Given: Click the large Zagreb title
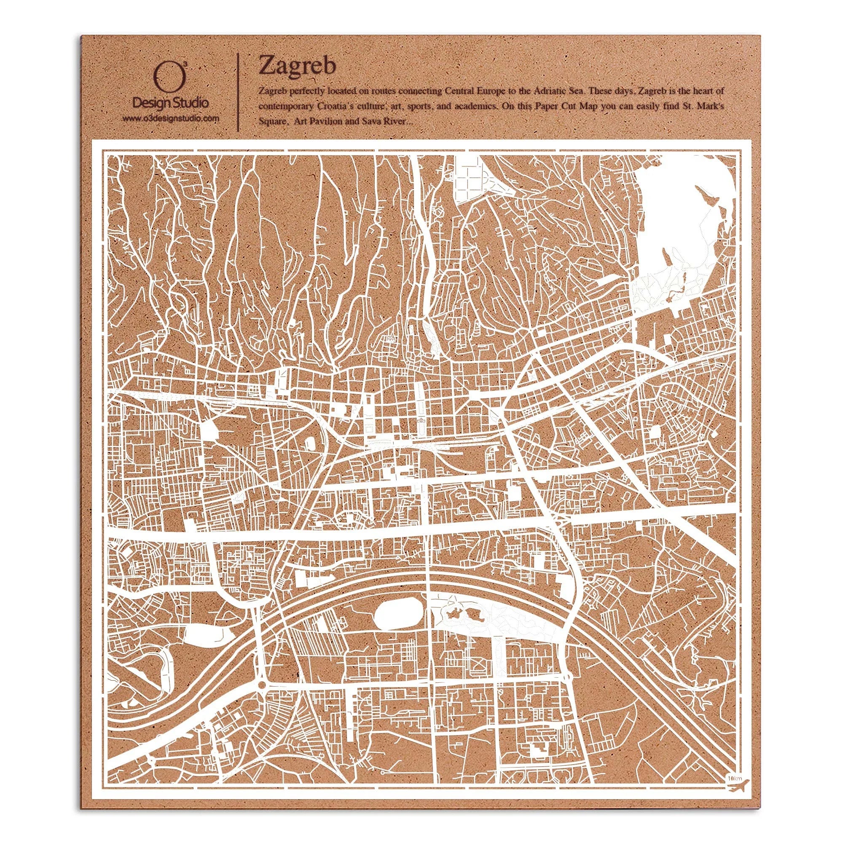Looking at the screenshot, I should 297,67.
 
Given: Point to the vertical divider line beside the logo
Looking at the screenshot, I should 238,92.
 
